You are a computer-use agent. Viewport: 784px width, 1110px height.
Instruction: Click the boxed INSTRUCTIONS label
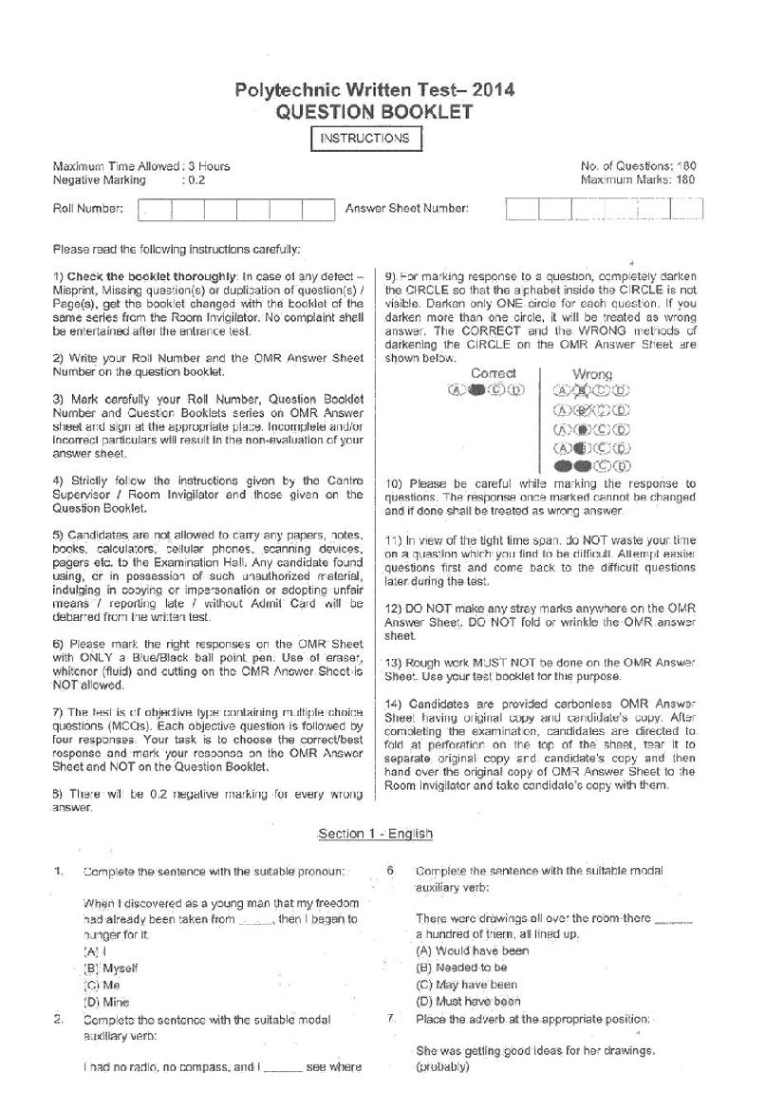tap(365, 139)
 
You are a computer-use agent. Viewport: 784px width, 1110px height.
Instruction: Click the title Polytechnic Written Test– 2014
tap(374, 90)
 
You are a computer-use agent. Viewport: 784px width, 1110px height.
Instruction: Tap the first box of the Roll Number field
tap(155, 209)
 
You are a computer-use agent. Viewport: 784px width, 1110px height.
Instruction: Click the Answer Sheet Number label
tap(406, 208)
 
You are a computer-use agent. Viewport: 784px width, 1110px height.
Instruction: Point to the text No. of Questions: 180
tap(639, 165)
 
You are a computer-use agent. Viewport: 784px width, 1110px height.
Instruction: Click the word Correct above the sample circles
tap(494, 373)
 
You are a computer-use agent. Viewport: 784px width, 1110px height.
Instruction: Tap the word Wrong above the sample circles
tap(592, 374)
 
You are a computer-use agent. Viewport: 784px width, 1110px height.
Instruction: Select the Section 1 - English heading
tap(375, 834)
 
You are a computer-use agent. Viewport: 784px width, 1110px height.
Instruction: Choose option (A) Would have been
tap(472, 950)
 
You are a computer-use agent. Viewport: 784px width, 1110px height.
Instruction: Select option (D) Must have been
tap(468, 1001)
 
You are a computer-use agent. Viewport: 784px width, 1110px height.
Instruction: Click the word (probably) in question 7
tap(442, 1067)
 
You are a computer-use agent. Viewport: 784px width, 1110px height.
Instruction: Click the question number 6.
tap(390, 870)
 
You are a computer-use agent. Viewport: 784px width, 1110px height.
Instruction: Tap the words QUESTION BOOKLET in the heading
tap(374, 112)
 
